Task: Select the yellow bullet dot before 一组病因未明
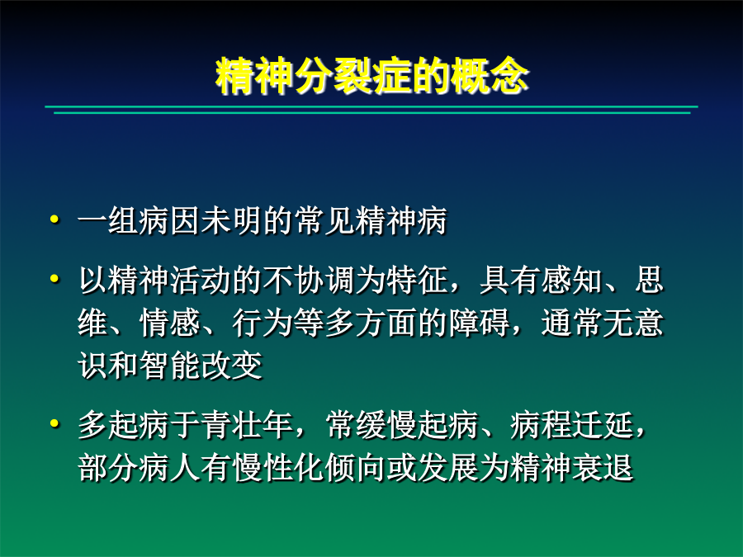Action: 55,219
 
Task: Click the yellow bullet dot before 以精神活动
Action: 55,279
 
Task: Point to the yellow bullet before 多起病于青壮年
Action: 55,423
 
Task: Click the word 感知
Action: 571,280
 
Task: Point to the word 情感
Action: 170,323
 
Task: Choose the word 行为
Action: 263,323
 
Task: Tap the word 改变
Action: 232,366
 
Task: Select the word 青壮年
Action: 247,424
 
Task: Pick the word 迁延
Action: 603,424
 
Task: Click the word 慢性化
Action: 278,468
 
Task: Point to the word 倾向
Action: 355,468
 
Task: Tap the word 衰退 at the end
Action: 603,468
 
